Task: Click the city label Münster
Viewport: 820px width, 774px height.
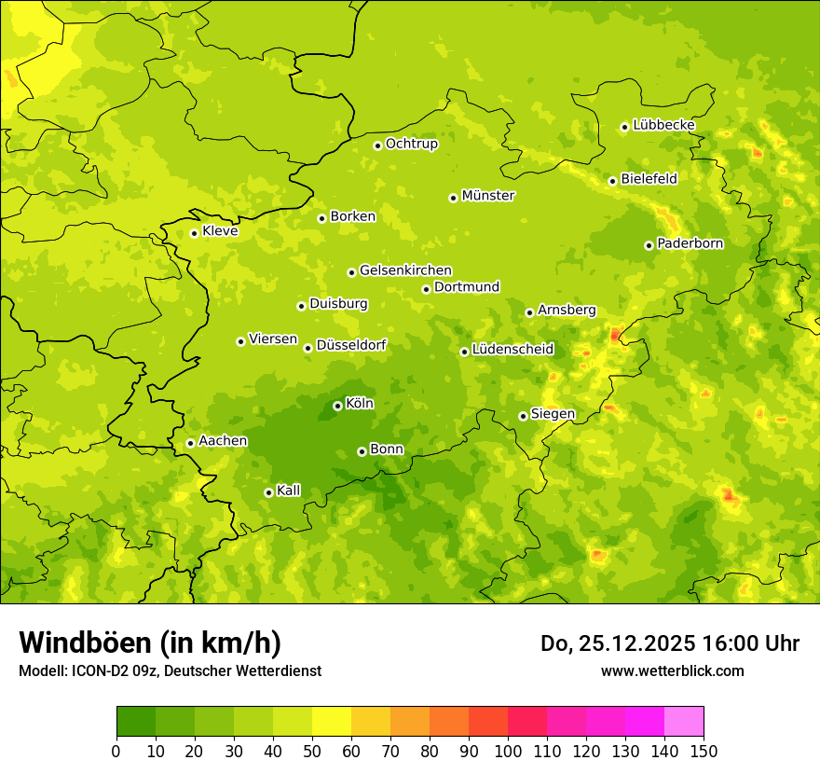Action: (x=487, y=196)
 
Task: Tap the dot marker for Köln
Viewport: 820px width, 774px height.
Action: (x=337, y=406)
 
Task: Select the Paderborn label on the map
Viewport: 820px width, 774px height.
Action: (x=690, y=243)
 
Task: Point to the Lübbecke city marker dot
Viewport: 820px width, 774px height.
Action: (x=624, y=127)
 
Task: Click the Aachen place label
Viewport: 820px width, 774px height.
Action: (x=223, y=441)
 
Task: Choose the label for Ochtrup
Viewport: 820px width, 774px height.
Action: (x=411, y=144)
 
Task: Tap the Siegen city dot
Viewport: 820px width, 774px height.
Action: (x=523, y=416)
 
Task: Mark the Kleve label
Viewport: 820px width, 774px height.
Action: (x=220, y=231)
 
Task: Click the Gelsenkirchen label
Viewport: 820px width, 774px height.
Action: (x=405, y=270)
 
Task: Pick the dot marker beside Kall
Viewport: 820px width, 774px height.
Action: (x=268, y=492)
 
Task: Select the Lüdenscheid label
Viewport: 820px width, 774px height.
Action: (x=512, y=350)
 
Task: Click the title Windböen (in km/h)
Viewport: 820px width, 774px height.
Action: (x=150, y=643)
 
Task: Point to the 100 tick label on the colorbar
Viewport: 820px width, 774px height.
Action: (x=508, y=751)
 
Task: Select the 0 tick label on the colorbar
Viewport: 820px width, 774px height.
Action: (x=116, y=751)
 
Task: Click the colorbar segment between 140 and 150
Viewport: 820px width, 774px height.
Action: (x=684, y=722)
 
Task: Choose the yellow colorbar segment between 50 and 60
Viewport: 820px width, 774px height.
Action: (x=332, y=722)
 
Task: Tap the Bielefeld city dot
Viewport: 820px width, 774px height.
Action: (x=612, y=181)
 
